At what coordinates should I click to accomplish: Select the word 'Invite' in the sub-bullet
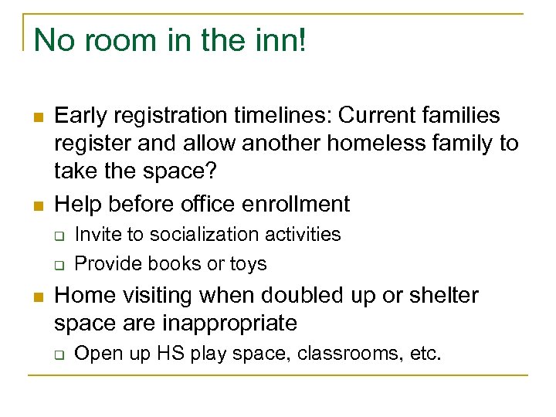tap(97, 234)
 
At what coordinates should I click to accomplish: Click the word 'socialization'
tap(195, 234)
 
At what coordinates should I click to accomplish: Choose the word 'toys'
tap(247, 263)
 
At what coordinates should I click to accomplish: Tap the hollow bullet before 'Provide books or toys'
tap(59, 265)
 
